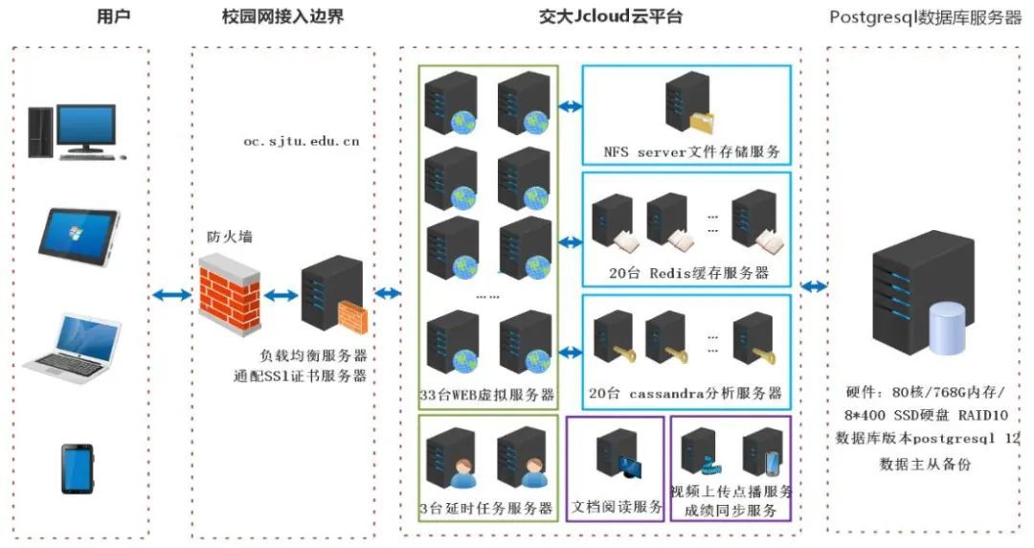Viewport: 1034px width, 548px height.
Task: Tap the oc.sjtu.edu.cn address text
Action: tap(301, 141)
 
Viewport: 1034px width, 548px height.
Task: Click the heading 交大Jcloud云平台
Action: tap(610, 17)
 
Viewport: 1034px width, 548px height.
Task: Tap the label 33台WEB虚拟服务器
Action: tap(487, 395)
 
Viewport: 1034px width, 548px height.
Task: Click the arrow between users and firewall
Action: tap(171, 295)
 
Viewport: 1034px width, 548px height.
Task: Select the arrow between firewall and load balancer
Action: tap(281, 295)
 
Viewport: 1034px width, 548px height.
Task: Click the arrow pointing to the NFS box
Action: tap(571, 105)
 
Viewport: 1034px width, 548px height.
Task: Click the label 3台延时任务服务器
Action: tap(487, 508)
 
